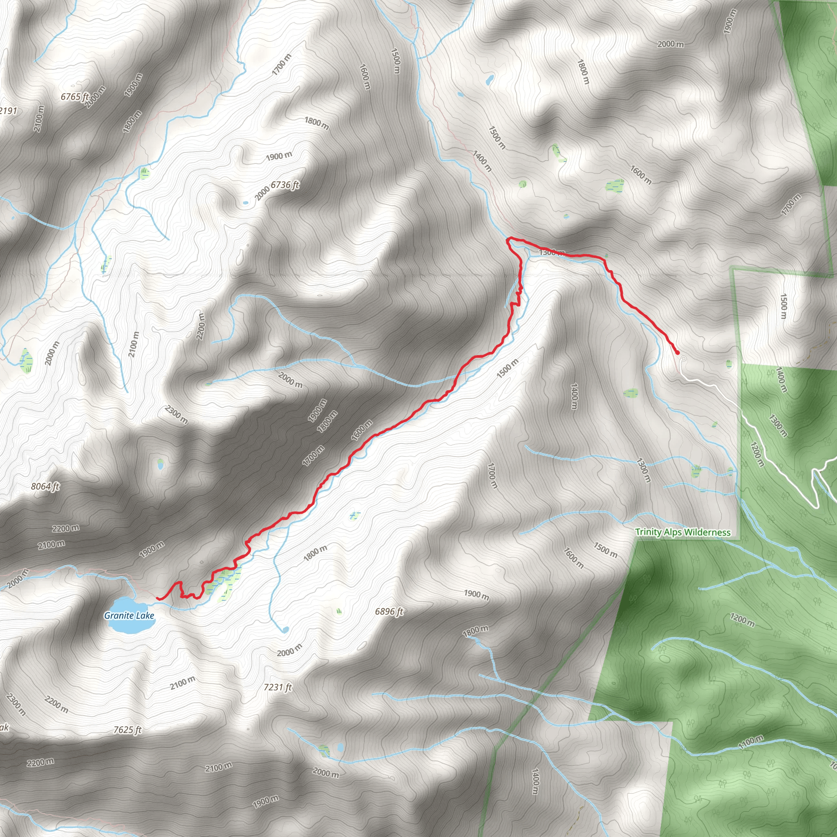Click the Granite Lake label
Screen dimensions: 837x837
129,615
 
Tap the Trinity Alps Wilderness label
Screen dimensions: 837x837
683,532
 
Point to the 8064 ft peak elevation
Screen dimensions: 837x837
45,486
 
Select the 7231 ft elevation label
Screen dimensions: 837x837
278,687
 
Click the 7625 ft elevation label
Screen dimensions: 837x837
128,730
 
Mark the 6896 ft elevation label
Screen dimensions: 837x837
389,611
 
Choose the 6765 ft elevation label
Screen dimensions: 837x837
74,96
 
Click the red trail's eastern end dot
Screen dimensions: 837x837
677,353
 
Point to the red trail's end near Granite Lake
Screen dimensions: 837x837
157,599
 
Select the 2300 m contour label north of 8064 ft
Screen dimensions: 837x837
176,414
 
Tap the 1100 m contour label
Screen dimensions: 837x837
751,742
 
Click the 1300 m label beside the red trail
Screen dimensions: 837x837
551,252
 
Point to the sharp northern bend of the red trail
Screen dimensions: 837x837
508,239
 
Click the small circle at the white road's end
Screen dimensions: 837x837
684,359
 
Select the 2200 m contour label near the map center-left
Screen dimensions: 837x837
201,326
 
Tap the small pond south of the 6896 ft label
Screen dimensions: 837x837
284,629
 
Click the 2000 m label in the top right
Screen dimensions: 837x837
670,44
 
